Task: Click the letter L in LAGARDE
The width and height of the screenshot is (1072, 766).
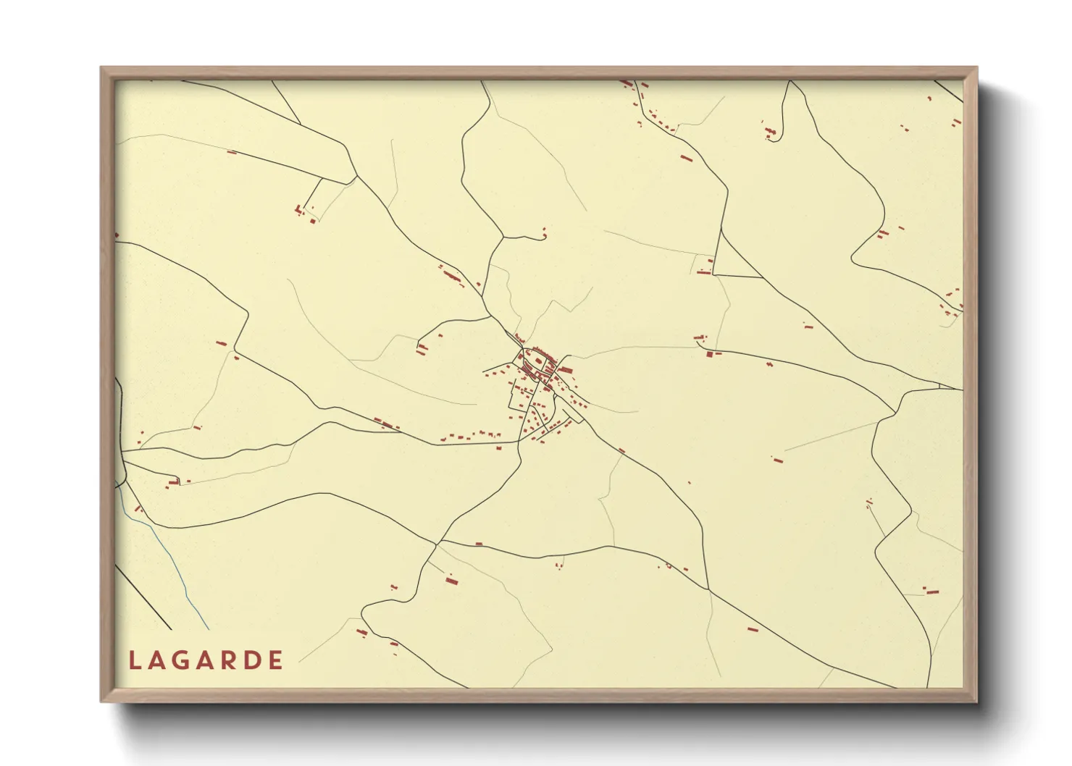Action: (134, 660)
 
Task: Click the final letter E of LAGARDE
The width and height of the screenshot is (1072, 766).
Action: (275, 660)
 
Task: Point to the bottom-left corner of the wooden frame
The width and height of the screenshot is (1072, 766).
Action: (102, 700)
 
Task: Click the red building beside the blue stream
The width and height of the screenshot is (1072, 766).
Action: (137, 509)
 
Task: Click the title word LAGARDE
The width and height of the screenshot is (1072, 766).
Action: (206, 660)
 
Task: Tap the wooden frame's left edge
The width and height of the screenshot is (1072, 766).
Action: (106, 384)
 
